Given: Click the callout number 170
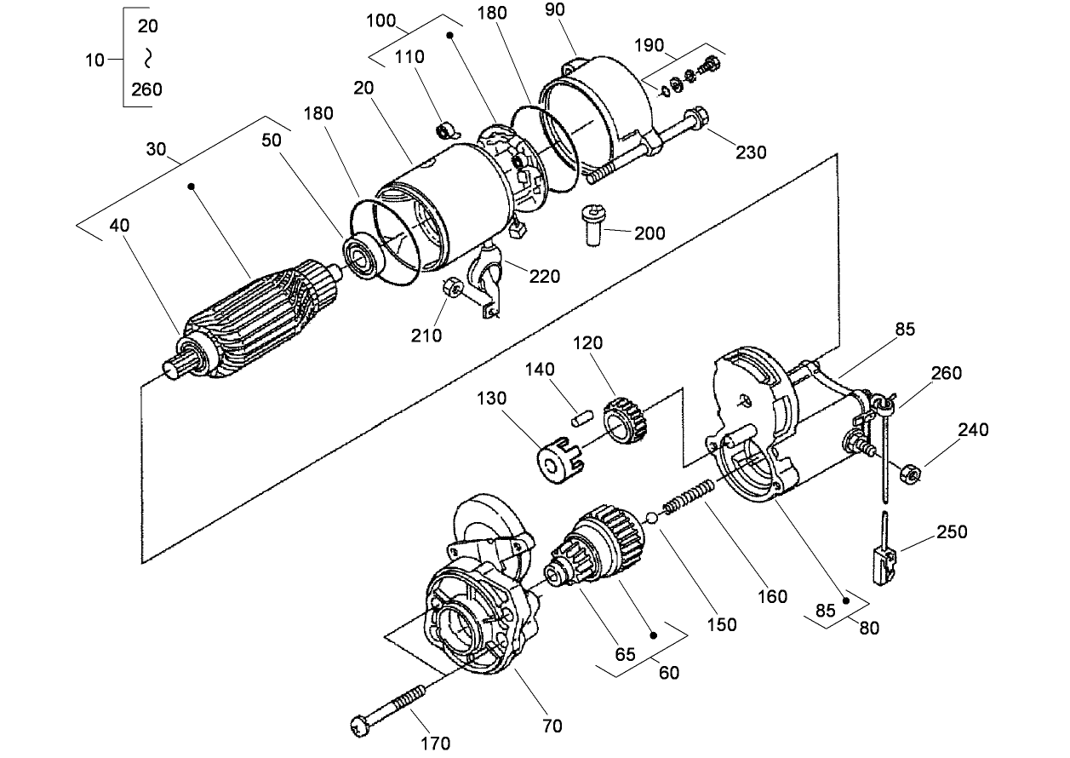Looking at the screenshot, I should click(x=435, y=743).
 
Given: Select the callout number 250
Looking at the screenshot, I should click(x=951, y=531).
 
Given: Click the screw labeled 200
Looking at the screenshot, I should click(x=592, y=226).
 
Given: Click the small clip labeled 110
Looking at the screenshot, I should click(x=446, y=131).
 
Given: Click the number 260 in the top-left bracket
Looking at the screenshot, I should click(x=146, y=89).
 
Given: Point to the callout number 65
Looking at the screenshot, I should click(x=626, y=654).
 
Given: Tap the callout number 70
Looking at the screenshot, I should click(x=552, y=726).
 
